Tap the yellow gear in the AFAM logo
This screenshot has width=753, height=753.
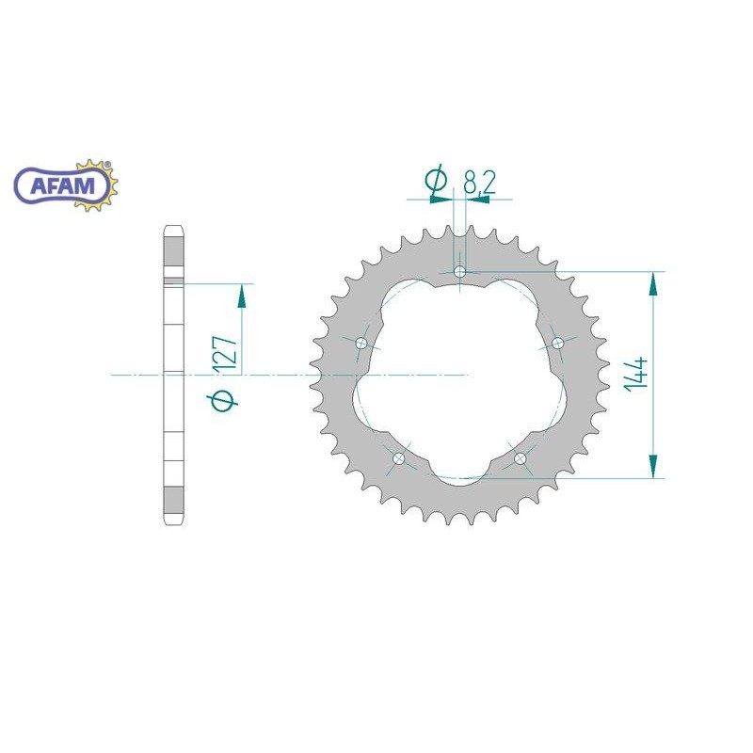point(104,186)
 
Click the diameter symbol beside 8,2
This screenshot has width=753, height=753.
point(435,181)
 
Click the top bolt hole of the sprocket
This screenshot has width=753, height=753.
point(459,272)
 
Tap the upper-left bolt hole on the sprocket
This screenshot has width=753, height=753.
point(360,344)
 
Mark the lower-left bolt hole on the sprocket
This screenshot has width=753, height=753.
point(397,458)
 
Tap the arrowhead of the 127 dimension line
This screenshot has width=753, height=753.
point(242,296)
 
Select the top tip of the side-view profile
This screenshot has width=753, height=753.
point(173,228)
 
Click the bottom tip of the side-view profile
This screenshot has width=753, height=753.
point(173,523)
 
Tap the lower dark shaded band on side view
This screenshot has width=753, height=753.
point(173,498)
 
